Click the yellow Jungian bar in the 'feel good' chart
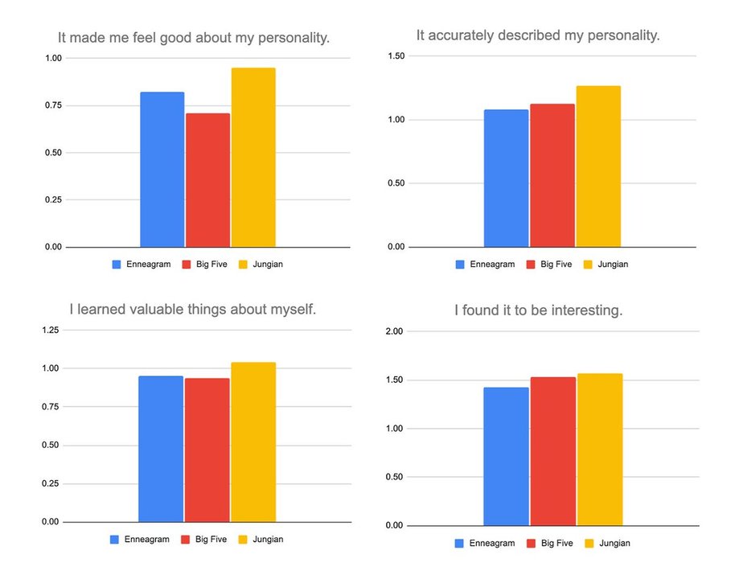coord(253,158)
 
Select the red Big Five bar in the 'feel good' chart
coord(207,180)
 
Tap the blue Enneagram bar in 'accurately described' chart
coord(506,178)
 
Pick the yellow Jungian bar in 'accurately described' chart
coord(598,166)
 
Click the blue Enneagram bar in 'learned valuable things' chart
coord(161,449)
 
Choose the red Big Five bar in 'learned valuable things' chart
coord(207,450)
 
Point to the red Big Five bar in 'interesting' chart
coord(552,451)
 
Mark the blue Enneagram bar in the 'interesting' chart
coord(506,456)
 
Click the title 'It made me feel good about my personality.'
coord(194,38)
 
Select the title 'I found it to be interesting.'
coord(538,310)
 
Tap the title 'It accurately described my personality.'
coord(538,35)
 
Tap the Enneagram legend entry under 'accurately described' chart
coord(485,264)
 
